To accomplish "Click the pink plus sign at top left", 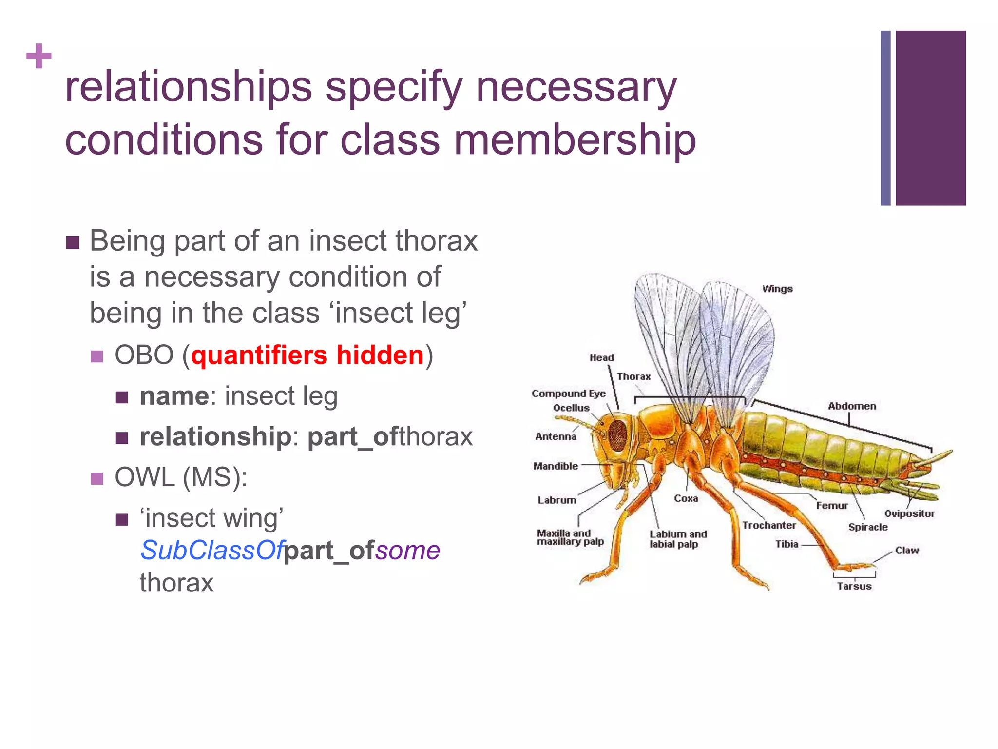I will (x=39, y=56).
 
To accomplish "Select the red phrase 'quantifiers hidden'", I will (x=307, y=355).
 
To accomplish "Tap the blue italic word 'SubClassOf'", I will (x=211, y=551).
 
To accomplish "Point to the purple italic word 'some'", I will (x=407, y=551).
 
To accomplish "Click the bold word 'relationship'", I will (x=215, y=436).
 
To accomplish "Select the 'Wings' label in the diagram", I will (x=777, y=289).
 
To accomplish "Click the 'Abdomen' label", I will (x=852, y=406).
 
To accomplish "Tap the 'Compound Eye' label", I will (x=568, y=394).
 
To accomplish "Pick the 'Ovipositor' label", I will (x=909, y=513).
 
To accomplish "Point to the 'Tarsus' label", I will (x=854, y=586).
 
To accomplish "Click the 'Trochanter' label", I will (x=768, y=525).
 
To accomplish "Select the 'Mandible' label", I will (x=556, y=466).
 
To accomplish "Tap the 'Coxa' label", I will (x=686, y=498).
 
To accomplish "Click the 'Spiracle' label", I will (x=867, y=527).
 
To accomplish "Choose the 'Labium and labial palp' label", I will (x=678, y=539).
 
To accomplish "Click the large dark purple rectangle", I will (x=930, y=118).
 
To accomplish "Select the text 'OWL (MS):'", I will (x=181, y=477).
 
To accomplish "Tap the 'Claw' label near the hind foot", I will (x=906, y=551).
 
